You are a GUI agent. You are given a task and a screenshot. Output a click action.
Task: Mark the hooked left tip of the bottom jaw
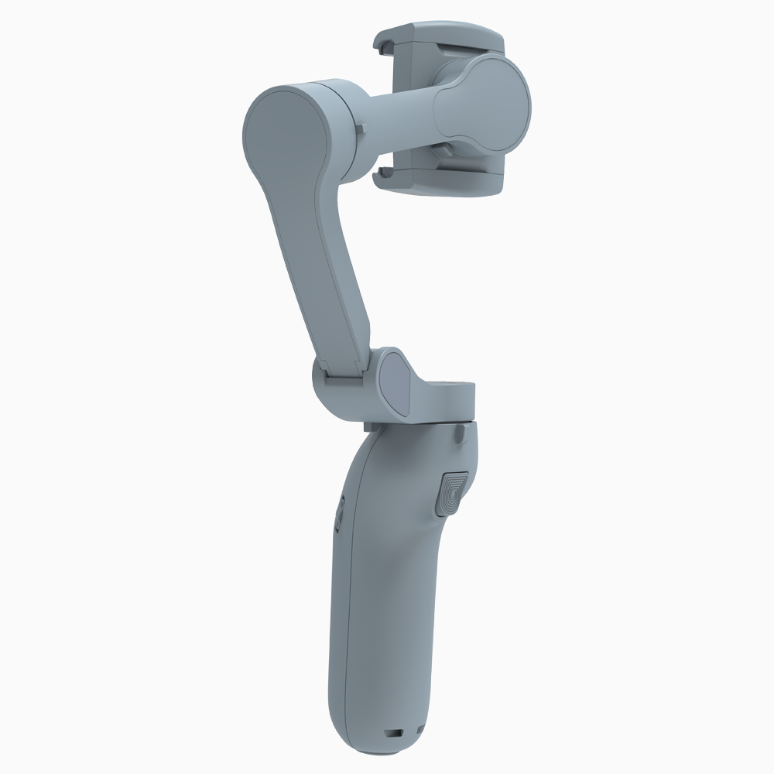point(379,175)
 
